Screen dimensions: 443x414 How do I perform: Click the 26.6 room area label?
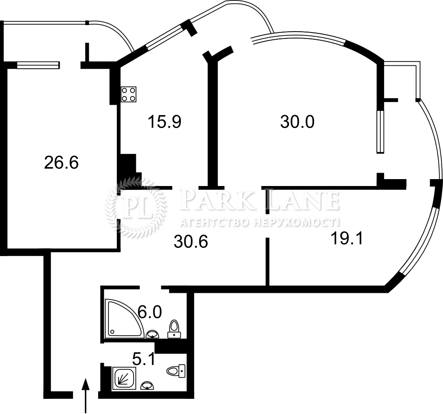point(61,163)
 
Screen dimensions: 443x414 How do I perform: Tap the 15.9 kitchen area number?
point(164,122)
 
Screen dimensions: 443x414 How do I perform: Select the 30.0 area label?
point(297,122)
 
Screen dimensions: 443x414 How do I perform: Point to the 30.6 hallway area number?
point(191,242)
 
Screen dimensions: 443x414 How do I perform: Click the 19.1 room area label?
point(347,238)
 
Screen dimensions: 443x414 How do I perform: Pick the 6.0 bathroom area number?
point(149,312)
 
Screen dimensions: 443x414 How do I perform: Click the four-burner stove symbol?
point(128,94)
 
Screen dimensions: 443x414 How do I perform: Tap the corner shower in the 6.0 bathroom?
point(124,318)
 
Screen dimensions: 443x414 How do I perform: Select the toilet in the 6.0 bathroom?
point(174,329)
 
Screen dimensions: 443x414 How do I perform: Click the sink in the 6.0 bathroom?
point(153,334)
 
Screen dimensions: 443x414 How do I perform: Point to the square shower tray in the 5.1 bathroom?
point(124,379)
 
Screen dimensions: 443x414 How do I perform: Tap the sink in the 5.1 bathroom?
point(147,386)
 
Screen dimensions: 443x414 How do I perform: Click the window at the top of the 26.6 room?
point(38,65)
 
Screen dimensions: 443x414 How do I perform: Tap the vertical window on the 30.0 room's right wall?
point(381,132)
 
